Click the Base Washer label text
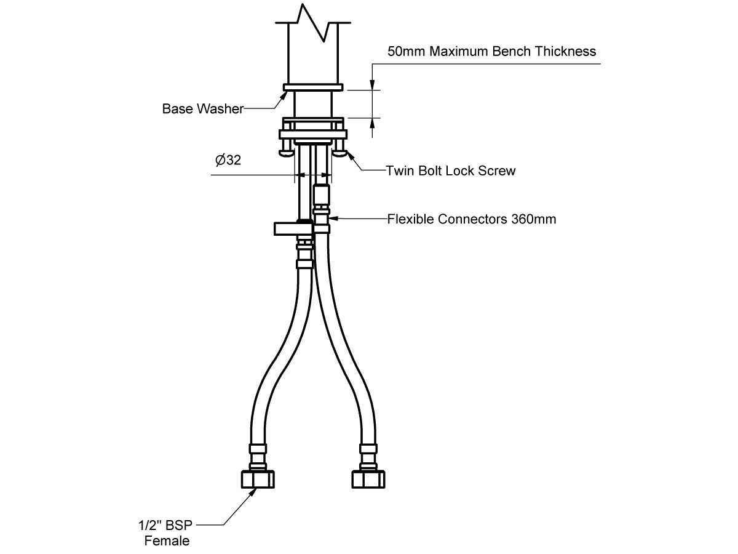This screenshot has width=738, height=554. coord(202,109)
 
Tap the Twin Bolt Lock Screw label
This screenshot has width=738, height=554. coord(450,171)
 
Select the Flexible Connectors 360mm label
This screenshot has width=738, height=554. coord(471,219)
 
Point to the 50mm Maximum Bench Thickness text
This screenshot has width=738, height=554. coord(491,51)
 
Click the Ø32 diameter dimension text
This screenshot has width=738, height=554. coord(228,161)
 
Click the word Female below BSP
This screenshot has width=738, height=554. coord(167,541)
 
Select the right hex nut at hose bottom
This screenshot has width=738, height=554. coord(368,479)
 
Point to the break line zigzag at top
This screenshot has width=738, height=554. coord(314,22)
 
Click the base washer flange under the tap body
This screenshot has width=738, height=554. coord(312,88)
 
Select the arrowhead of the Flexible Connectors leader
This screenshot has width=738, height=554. coord(334,218)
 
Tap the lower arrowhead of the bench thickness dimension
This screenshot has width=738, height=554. coord(372,123)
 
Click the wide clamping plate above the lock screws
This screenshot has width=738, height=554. coord(312,134)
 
